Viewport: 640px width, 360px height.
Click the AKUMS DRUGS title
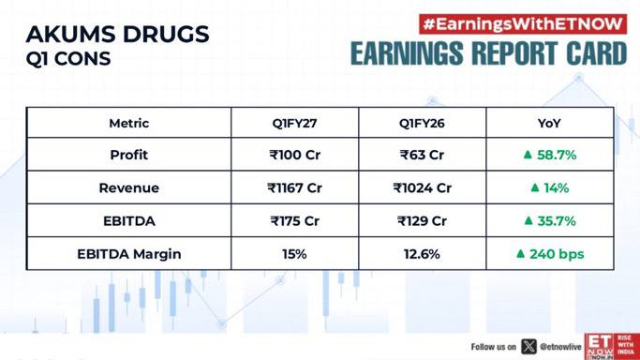pyautogui.click(x=117, y=34)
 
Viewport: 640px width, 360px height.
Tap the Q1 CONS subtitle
pyautogui.click(x=68, y=58)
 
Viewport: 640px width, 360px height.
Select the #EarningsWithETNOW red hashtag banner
pyautogui.click(x=523, y=24)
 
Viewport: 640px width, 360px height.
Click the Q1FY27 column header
pyautogui.click(x=294, y=123)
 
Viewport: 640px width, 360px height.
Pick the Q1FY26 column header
pyautogui.click(x=422, y=123)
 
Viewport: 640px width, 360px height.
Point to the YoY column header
pyautogui.click(x=549, y=123)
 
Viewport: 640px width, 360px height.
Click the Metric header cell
pyautogui.click(x=129, y=123)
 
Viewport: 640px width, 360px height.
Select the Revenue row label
pyautogui.click(x=129, y=187)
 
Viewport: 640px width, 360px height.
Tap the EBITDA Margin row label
pyautogui.click(x=129, y=254)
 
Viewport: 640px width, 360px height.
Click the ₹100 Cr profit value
pyautogui.click(x=294, y=155)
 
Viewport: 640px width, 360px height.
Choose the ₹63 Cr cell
pyautogui.click(x=422, y=155)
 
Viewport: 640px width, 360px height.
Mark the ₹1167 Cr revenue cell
pyautogui.click(x=294, y=187)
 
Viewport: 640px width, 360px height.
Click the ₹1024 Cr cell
pyautogui.click(x=422, y=187)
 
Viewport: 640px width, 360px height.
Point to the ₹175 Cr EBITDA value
pyautogui.click(x=294, y=221)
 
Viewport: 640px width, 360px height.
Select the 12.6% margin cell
pyautogui.click(x=422, y=254)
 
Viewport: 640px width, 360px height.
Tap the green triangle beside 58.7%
pyautogui.click(x=528, y=155)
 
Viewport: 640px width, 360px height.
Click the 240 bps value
pyautogui.click(x=557, y=254)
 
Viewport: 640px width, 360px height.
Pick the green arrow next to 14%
pyautogui.click(x=535, y=187)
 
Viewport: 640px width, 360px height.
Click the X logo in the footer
pyautogui.click(x=528, y=347)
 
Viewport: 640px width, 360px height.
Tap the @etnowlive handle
pyautogui.click(x=560, y=347)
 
